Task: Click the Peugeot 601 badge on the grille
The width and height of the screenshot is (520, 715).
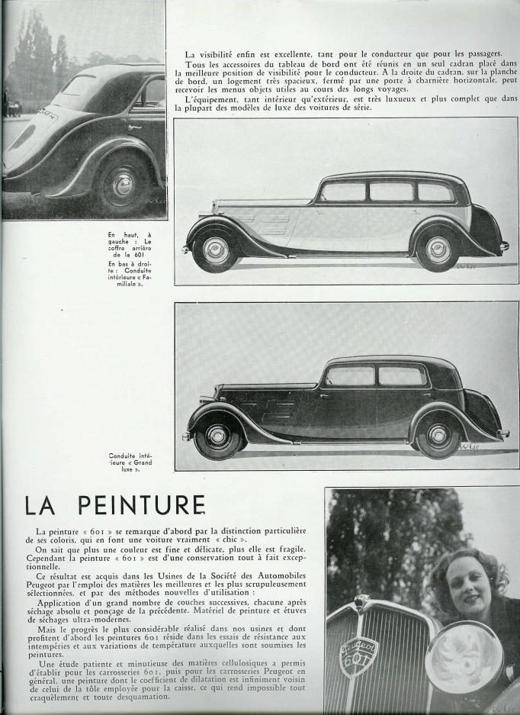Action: [x=358, y=656]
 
